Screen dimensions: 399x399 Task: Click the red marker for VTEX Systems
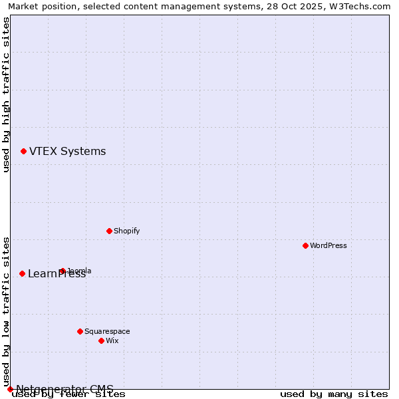pyautogui.click(x=23, y=152)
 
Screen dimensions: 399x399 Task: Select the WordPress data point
pyautogui.click(x=305, y=245)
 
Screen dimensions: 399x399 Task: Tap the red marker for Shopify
pyautogui.click(x=109, y=231)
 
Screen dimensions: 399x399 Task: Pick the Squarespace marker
pyautogui.click(x=80, y=331)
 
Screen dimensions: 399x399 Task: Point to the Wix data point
pyautogui.click(x=101, y=340)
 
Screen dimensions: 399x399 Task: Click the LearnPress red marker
pyautogui.click(x=22, y=273)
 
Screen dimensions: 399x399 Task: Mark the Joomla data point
pyautogui.click(x=63, y=271)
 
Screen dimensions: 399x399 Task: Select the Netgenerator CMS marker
pyautogui.click(x=10, y=389)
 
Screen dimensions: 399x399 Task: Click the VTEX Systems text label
pyautogui.click(x=67, y=152)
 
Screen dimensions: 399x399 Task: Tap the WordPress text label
pyautogui.click(x=329, y=245)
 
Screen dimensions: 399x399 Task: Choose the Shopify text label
pyautogui.click(x=126, y=231)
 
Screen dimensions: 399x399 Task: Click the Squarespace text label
pyautogui.click(x=107, y=331)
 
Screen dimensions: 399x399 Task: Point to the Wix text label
pyautogui.click(x=112, y=340)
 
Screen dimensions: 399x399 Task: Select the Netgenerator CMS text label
pyautogui.click(x=65, y=389)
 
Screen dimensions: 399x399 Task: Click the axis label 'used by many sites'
pyautogui.click(x=334, y=394)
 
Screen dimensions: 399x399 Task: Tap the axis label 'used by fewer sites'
pyautogui.click(x=68, y=394)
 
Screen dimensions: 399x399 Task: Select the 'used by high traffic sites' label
pyautogui.click(x=7, y=94)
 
